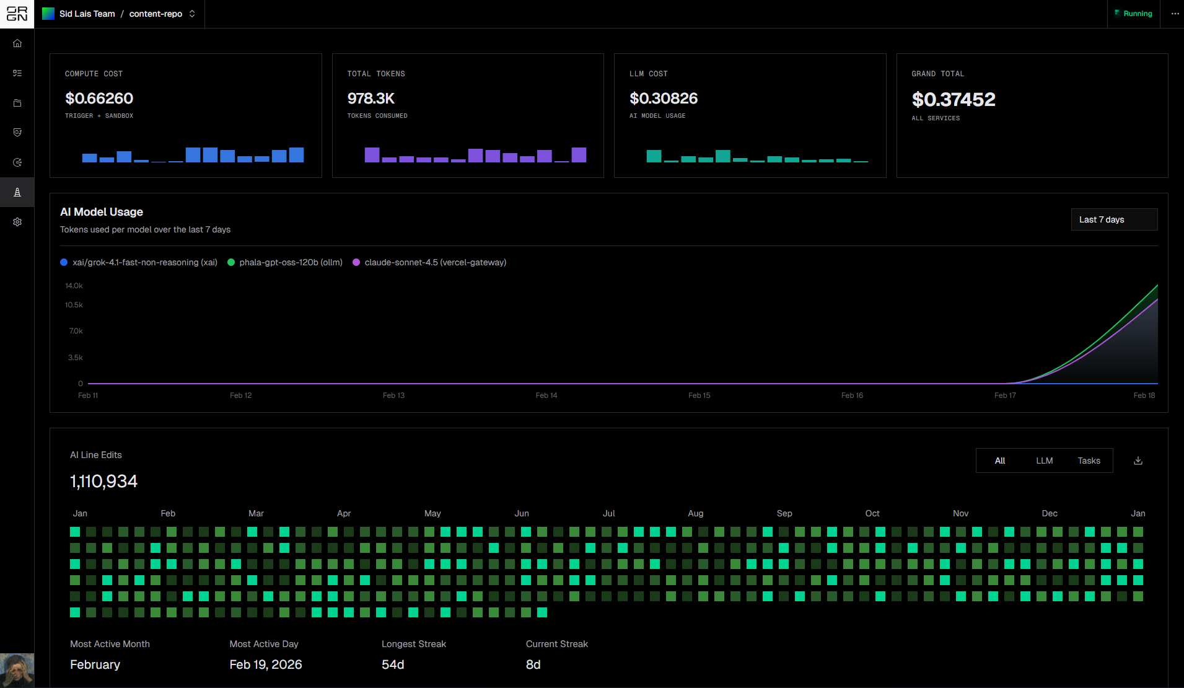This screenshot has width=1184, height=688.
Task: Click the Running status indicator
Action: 1133,14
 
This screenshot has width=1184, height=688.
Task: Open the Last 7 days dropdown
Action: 1114,219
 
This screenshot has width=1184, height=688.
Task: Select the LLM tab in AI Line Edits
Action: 1044,461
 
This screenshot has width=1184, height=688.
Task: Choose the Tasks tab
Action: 1089,461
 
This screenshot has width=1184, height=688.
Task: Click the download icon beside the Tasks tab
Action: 1138,461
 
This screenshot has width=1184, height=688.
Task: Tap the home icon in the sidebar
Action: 17,43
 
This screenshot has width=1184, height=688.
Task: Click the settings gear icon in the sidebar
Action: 17,222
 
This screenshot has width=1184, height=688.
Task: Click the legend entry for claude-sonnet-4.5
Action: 429,262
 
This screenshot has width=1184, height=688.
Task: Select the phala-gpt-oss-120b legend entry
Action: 285,262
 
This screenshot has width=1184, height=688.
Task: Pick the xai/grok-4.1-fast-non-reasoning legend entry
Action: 139,262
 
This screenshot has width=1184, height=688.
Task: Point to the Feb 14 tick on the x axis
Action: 546,395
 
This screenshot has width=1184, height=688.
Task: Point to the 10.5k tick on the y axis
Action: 74,305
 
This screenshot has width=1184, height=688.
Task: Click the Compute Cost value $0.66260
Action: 99,99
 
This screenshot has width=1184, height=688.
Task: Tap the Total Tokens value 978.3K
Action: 371,99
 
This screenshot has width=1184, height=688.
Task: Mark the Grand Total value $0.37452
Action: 954,99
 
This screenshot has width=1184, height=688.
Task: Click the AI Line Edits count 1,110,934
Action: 103,482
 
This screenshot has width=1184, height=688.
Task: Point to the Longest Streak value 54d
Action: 393,664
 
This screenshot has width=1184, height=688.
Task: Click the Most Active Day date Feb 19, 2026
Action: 266,664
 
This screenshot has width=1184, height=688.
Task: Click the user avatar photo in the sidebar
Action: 17,670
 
